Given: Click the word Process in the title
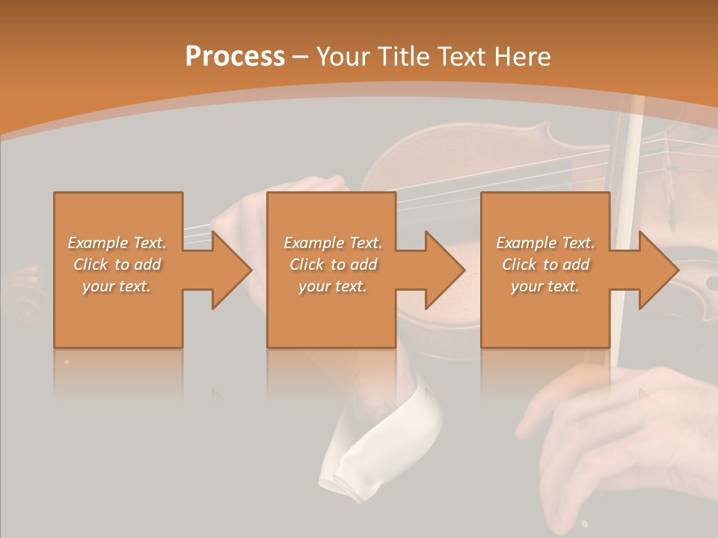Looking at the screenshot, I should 235,57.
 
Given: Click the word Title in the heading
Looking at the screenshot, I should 402,57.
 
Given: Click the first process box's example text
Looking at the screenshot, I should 117,265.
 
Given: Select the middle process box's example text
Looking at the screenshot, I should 333,265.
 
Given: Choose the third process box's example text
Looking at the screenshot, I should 545,265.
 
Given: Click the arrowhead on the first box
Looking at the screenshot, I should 228,270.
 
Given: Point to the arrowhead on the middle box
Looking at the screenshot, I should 442,270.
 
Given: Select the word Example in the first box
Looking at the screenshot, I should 96,243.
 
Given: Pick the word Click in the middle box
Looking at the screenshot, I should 306,265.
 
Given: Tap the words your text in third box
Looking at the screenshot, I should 545,286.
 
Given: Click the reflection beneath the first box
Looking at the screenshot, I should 117,374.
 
